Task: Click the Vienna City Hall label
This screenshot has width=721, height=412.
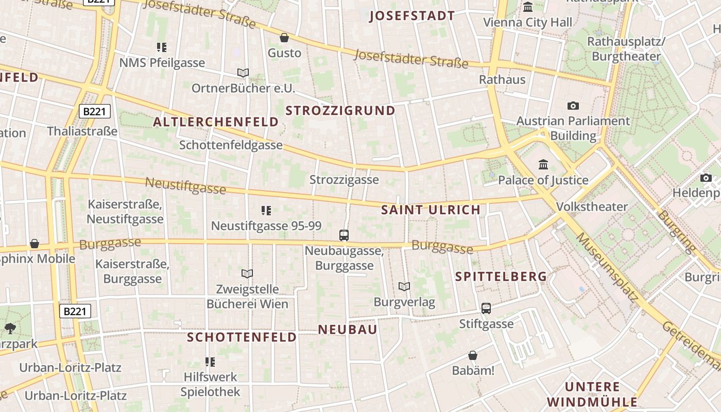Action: [x=527, y=23]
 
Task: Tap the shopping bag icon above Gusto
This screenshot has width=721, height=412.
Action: [x=284, y=38]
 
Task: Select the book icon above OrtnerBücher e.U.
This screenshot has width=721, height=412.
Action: [x=243, y=73]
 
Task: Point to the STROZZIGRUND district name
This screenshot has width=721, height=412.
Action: [x=340, y=111]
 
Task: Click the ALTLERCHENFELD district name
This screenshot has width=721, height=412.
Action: [x=216, y=122]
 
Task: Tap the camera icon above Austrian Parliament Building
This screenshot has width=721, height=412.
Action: [x=573, y=106]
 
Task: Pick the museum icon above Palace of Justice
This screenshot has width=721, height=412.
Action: [x=543, y=165]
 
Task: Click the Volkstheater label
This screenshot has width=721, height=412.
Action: [x=592, y=207]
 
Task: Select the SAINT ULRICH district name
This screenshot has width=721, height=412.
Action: [x=431, y=210]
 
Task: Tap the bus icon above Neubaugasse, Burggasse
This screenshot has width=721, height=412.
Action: [x=344, y=235]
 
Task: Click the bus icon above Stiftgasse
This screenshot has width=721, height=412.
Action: [x=486, y=308]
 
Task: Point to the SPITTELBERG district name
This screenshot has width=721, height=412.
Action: [x=501, y=277]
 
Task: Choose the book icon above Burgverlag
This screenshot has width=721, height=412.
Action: [x=404, y=287]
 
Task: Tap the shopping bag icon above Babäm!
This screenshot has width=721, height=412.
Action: [x=472, y=355]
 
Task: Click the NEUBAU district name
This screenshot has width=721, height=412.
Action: [x=348, y=330]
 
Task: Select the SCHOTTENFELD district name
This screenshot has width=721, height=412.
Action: [x=242, y=337]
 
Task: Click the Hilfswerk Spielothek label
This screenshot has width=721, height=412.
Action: [x=210, y=384]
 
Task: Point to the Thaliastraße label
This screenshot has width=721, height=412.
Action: [x=82, y=131]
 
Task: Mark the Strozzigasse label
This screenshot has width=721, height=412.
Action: [x=344, y=180]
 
